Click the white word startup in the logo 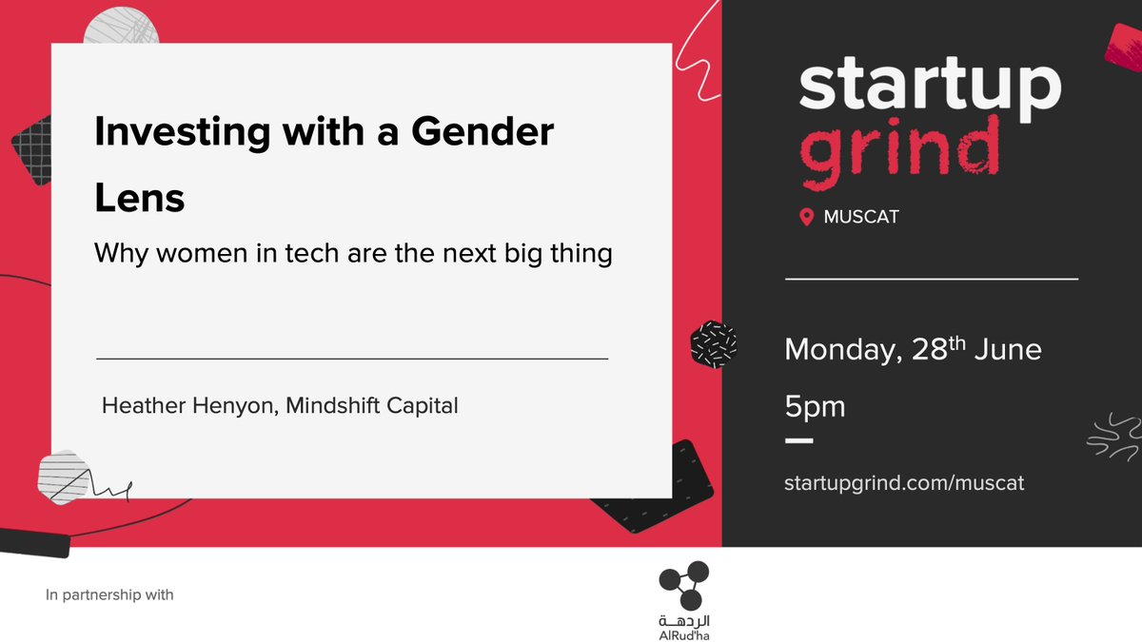[x=929, y=88]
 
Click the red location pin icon [x=807, y=217]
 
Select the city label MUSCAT [x=861, y=217]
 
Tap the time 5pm [x=815, y=407]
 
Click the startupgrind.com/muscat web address [x=904, y=482]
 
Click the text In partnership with [x=109, y=595]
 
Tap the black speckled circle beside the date [x=714, y=343]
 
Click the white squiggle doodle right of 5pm [x=1112, y=437]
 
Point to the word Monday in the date [x=840, y=350]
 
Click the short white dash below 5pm [x=798, y=442]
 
